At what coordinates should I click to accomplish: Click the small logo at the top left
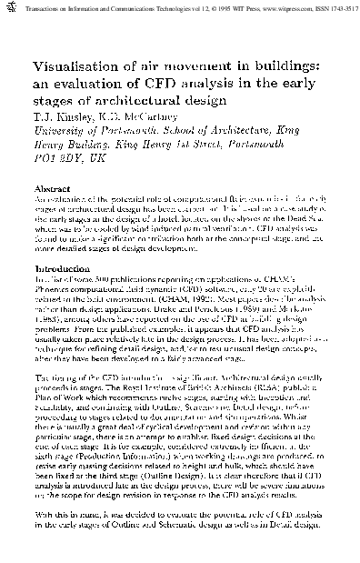[x=6, y=5]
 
